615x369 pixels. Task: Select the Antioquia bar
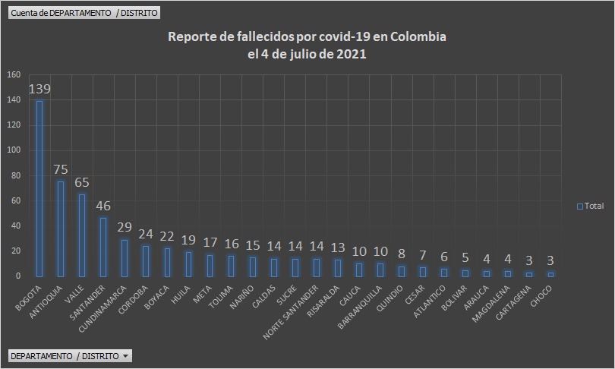pos(61,229)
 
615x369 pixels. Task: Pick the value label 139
pos(39,89)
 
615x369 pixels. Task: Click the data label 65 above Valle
pos(82,182)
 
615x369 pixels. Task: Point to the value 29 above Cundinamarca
pos(125,228)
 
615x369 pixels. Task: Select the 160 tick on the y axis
pos(14,74)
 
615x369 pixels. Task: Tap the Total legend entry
pos(590,206)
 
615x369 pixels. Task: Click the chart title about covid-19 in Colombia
pos(307,46)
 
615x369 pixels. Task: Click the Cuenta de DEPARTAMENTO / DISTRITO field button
pos(85,13)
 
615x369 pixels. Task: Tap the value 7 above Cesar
pos(423,255)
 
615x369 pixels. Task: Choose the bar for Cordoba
pos(146,260)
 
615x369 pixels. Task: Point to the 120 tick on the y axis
pos(14,125)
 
